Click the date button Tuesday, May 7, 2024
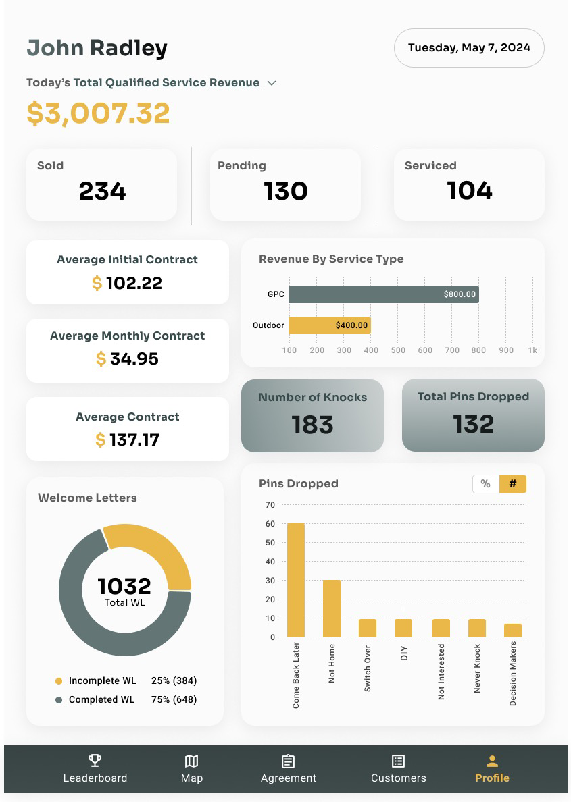469,48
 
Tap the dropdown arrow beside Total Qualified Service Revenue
272,83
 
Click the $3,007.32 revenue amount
98,113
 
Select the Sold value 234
102,191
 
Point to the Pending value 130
286,191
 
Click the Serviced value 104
470,191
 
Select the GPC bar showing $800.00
384,294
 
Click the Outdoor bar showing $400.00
330,325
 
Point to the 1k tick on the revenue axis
532,350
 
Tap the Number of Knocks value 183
312,425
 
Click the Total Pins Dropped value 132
473,424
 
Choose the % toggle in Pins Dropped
485,484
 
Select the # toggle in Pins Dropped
513,484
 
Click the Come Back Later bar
296,580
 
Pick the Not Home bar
332,608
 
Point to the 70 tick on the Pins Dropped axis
270,504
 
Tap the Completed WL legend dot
59,700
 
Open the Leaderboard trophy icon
95,761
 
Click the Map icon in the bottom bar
192,761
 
